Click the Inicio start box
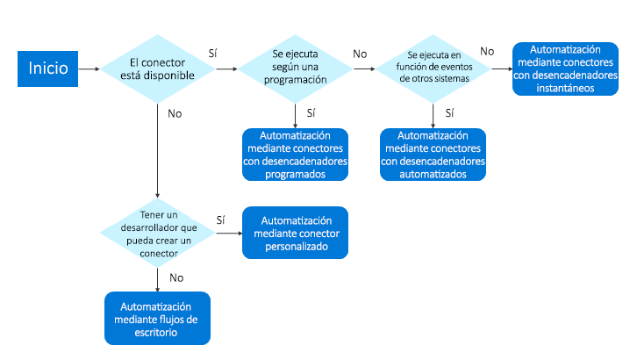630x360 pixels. [x=47, y=68]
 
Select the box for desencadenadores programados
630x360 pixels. [x=295, y=155]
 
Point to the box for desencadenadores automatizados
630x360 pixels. [x=433, y=155]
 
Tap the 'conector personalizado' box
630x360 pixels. [x=295, y=233]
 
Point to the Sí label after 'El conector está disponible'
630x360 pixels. [x=213, y=54]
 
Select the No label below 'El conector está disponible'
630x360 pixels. [x=175, y=113]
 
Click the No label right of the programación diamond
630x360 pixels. [x=360, y=54]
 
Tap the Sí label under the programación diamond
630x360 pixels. [x=311, y=112]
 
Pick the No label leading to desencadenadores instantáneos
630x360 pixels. [x=487, y=52]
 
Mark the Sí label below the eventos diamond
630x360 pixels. [x=450, y=112]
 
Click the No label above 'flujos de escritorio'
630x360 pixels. [x=175, y=277]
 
